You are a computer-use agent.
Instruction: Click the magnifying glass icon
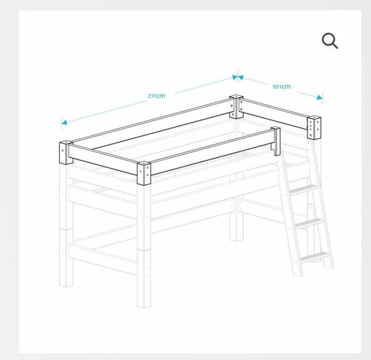click(330, 41)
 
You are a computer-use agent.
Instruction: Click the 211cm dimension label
click(156, 96)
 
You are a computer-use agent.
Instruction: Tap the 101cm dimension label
click(281, 86)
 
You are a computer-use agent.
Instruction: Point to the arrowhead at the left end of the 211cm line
click(64, 122)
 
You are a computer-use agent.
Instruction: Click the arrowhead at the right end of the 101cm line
click(319, 97)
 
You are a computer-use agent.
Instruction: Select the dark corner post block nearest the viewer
click(144, 173)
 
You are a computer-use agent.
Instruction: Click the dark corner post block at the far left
click(66, 153)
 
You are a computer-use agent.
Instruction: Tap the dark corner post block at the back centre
click(236, 107)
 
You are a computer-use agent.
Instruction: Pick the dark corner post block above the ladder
click(314, 127)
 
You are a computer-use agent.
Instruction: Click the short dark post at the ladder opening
click(276, 141)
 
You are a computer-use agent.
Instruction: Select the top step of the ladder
click(303, 189)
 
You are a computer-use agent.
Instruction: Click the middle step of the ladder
click(309, 223)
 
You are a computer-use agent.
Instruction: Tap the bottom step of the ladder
click(315, 258)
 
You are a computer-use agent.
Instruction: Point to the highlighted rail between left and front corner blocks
click(102, 159)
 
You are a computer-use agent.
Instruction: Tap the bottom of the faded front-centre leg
click(144, 306)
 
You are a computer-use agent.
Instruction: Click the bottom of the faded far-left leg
click(66, 285)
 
